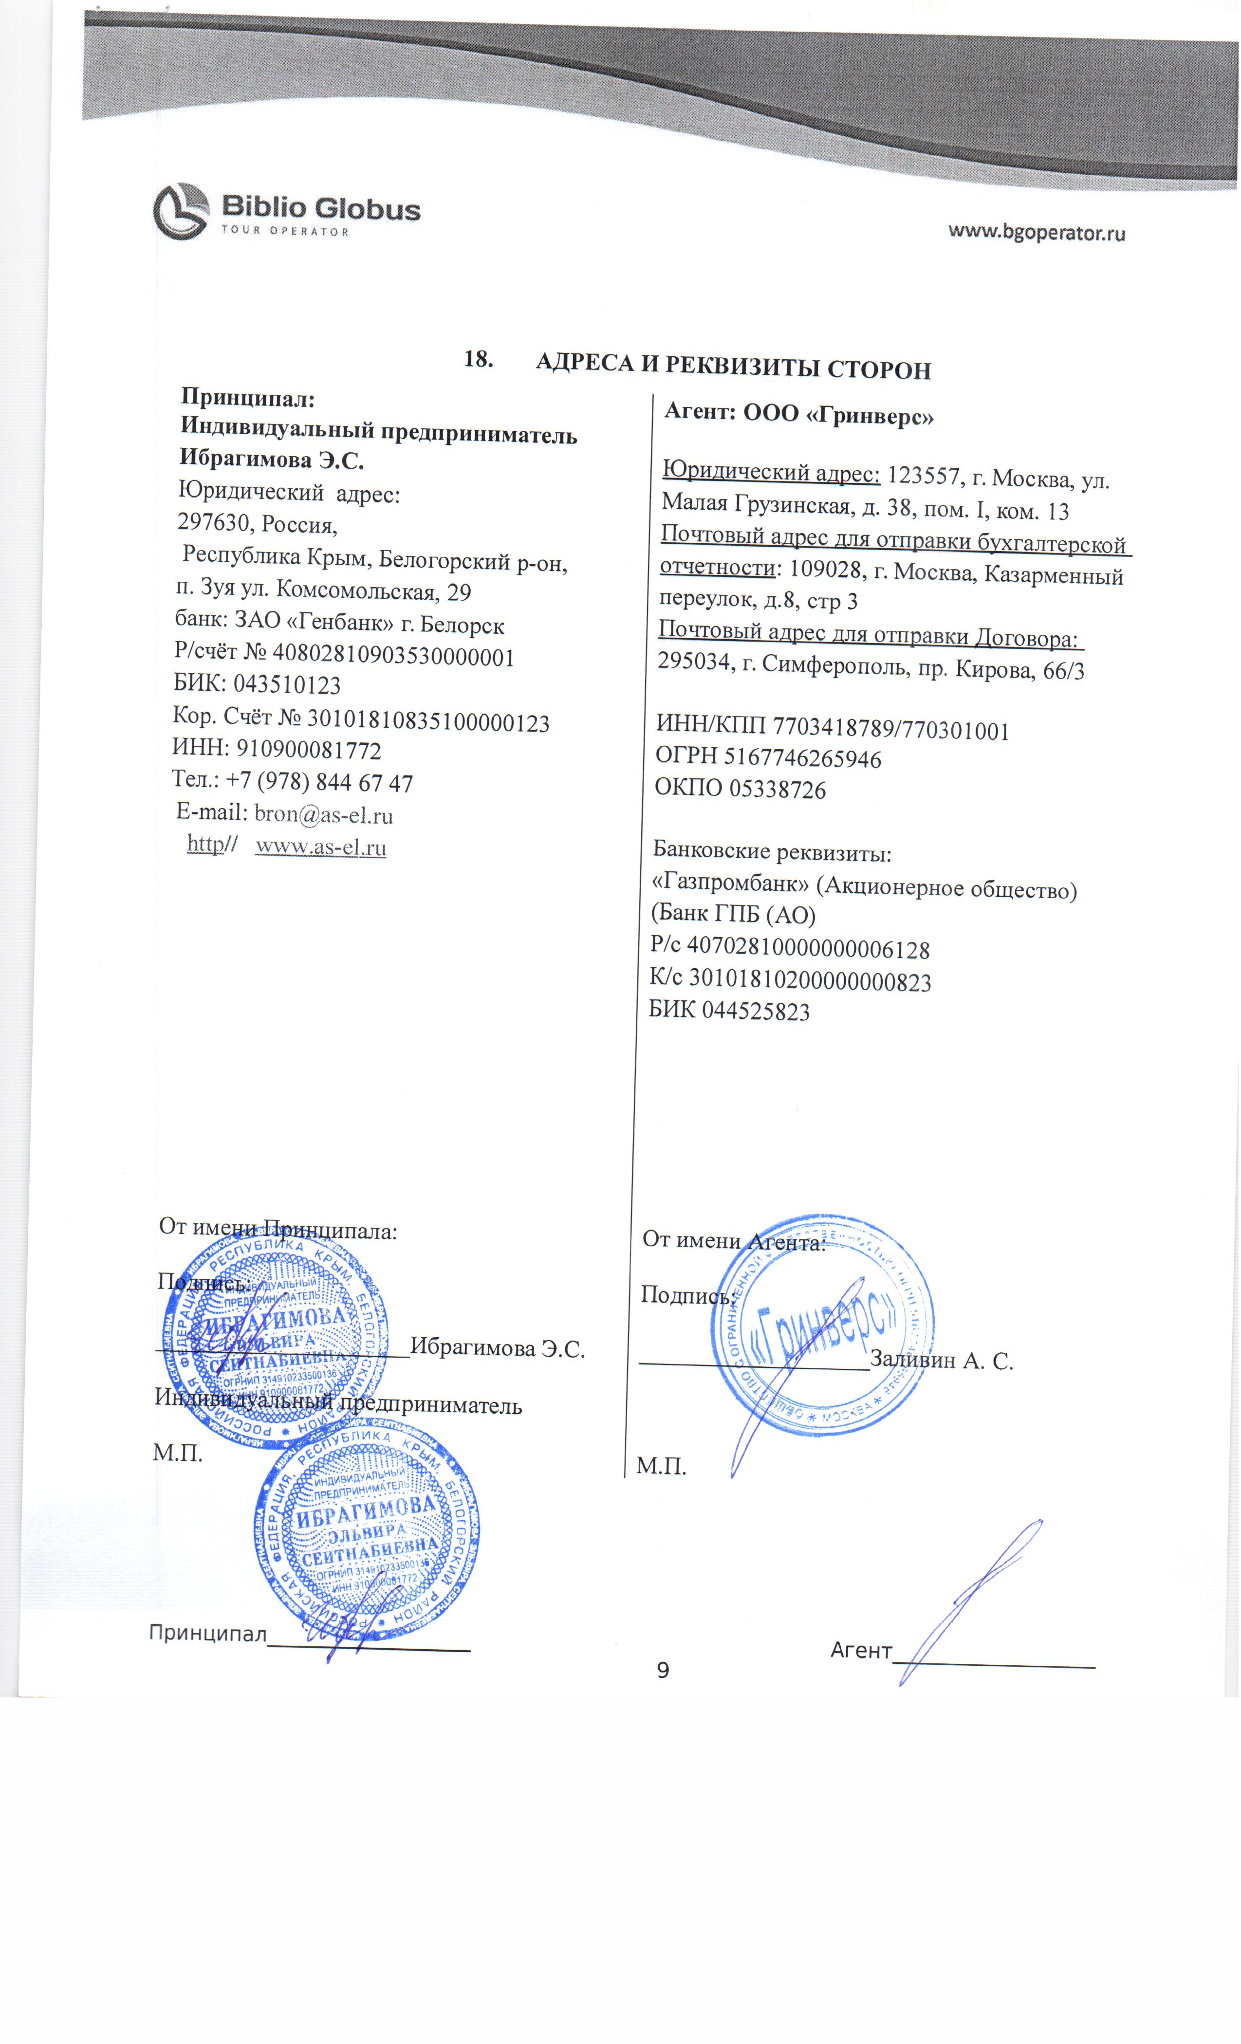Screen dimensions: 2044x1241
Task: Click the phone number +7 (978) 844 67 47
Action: click(x=319, y=782)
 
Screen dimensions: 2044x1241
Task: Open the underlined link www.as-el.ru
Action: click(x=320, y=847)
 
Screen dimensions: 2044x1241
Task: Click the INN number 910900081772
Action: click(x=309, y=750)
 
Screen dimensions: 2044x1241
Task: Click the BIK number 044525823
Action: click(x=756, y=1011)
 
